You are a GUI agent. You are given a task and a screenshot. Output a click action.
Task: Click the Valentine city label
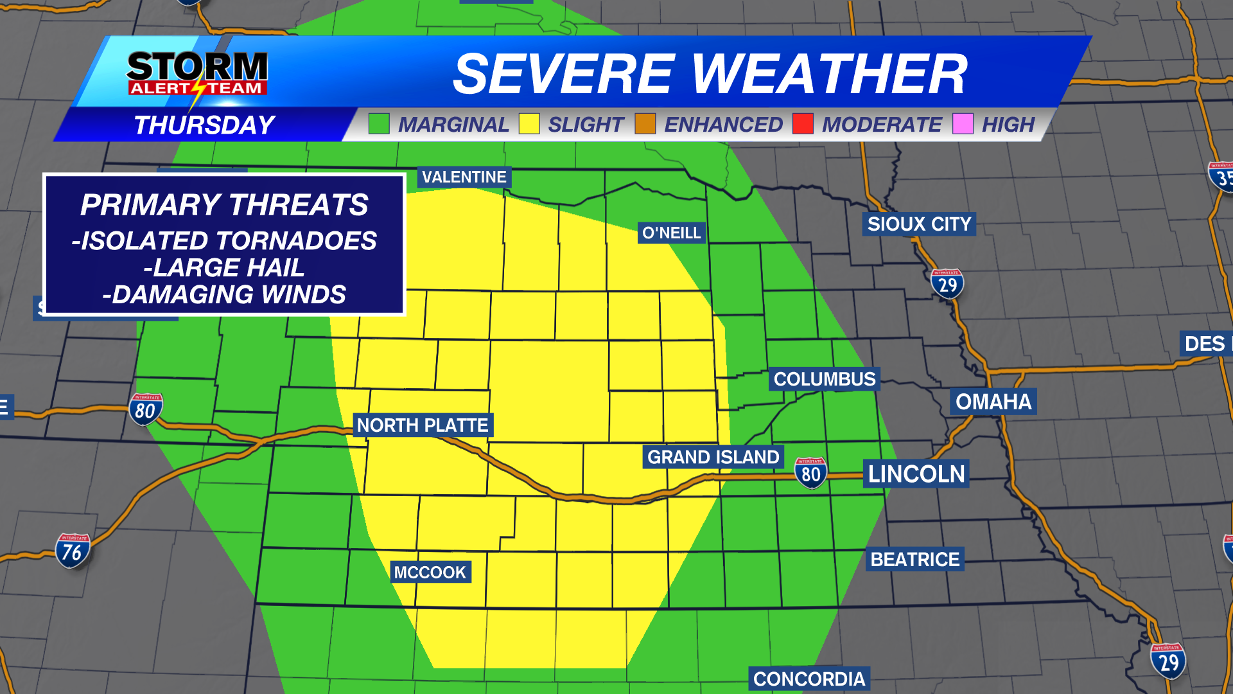[464, 177]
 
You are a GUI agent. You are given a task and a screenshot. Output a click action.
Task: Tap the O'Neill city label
[672, 233]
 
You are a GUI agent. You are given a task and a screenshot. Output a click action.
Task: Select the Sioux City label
[919, 224]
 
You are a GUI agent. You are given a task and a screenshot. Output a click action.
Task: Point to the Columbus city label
[825, 379]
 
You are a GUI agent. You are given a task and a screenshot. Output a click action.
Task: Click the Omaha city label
[993, 402]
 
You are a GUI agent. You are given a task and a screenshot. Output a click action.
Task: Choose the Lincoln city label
[916, 474]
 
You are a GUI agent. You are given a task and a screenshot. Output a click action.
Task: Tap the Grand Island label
[713, 457]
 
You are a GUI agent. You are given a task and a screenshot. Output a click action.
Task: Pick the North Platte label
[423, 425]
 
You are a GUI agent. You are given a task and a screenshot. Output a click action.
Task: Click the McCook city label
[430, 572]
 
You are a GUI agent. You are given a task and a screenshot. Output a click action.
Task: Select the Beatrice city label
[914, 559]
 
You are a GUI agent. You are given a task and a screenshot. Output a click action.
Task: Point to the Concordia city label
[809, 679]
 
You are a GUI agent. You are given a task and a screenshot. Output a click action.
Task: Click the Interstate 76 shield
[73, 551]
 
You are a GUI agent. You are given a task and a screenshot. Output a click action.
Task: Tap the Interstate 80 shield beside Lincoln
[810, 473]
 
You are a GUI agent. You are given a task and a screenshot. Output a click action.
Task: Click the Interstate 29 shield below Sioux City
[947, 283]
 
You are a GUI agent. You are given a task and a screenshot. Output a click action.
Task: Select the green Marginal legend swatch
[379, 123]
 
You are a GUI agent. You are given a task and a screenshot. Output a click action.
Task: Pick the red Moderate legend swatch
[803, 123]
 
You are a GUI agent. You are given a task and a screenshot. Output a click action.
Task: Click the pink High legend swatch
[963, 123]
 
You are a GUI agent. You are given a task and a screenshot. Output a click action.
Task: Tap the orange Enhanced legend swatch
[645, 123]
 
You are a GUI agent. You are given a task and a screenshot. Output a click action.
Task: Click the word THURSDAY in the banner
[204, 125]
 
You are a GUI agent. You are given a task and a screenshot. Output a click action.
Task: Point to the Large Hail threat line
[224, 267]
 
